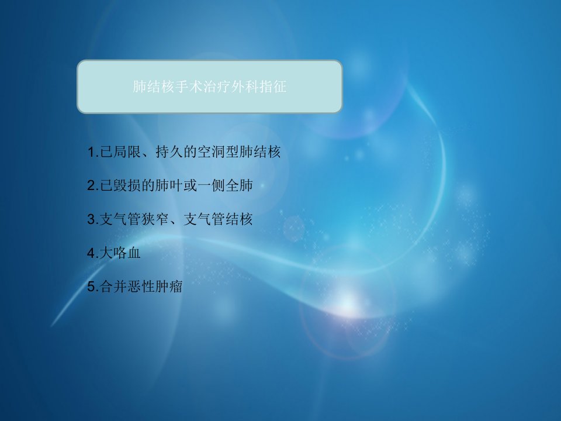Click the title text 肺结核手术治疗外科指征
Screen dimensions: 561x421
[210, 87]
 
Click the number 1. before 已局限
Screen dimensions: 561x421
[93, 152]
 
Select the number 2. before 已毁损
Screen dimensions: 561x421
[93, 185]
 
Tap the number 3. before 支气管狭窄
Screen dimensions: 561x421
[93, 219]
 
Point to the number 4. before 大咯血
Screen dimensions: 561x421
[93, 253]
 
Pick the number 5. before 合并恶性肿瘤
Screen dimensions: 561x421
[93, 287]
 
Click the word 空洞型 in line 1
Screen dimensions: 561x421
[218, 152]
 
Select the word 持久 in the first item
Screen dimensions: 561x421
[169, 152]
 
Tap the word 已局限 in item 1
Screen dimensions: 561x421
[120, 152]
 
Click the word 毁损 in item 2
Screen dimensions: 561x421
[127, 185]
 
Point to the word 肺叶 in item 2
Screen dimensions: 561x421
[169, 185]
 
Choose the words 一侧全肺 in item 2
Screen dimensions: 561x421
[225, 185]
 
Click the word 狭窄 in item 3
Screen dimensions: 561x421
[155, 219]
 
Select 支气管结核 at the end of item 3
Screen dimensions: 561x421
[218, 219]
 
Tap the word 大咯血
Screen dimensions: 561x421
[120, 253]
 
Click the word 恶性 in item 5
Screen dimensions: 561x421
[141, 287]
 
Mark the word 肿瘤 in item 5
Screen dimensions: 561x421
[169, 287]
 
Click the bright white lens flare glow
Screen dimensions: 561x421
[347, 304]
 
